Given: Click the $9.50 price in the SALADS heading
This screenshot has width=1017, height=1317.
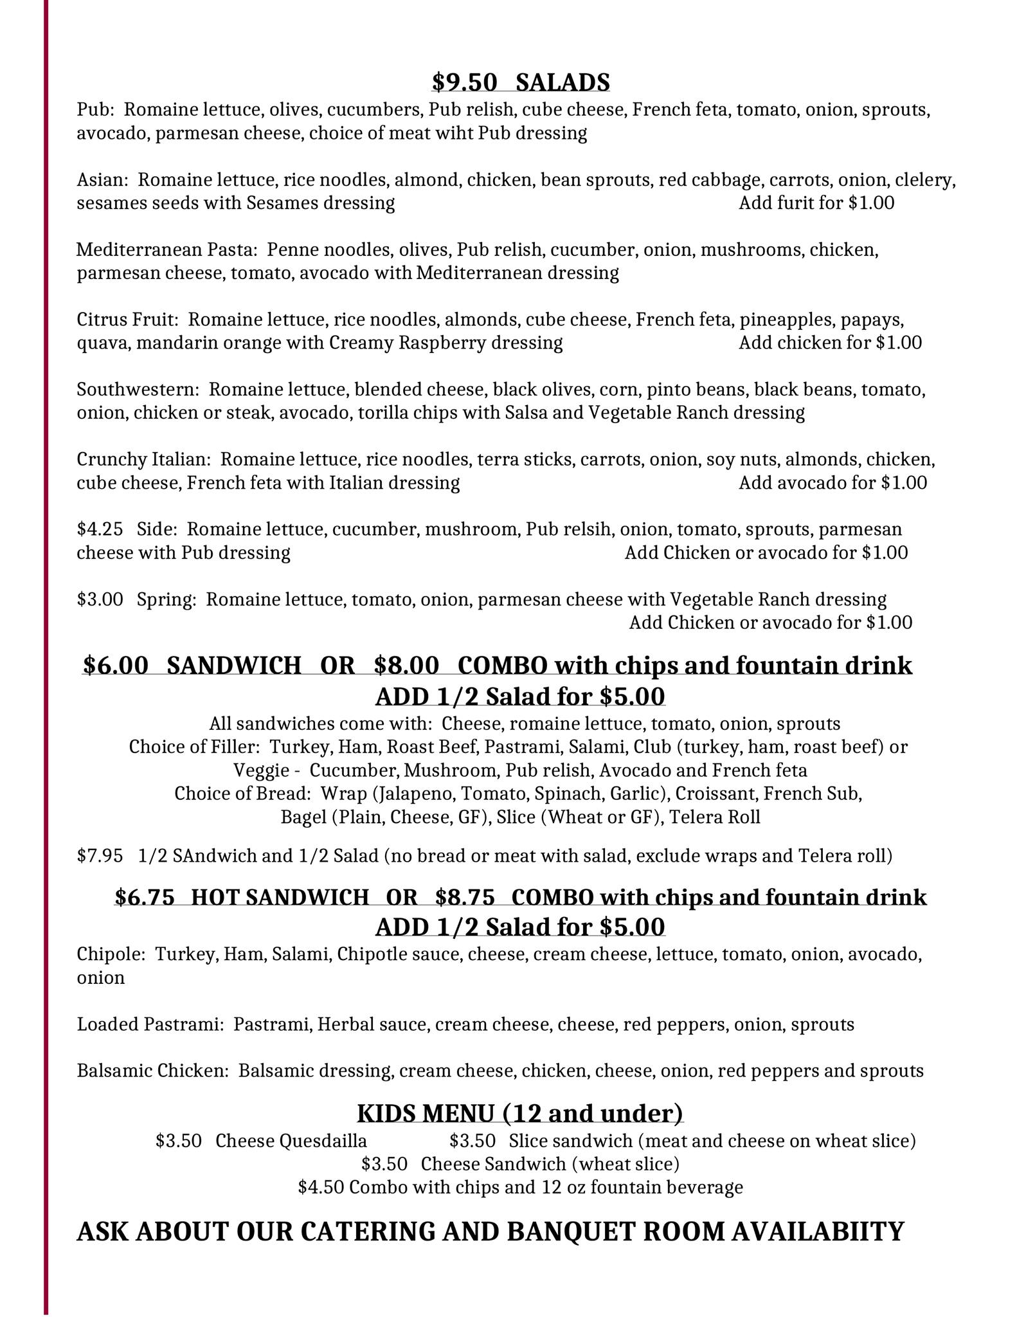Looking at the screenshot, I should coord(465,82).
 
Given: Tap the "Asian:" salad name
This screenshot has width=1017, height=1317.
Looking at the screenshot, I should coord(102,180).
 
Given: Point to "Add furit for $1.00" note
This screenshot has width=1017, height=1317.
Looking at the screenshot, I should coord(816,203).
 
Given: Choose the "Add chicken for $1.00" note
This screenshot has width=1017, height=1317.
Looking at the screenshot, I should coord(830,343).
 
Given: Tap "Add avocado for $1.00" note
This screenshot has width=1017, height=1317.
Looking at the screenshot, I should coord(833,483).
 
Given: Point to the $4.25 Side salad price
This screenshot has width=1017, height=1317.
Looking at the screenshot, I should coord(100,529).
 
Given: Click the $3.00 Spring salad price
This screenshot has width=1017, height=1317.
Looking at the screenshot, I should coord(100,599).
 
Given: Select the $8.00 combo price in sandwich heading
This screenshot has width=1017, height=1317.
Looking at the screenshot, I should coord(406,665).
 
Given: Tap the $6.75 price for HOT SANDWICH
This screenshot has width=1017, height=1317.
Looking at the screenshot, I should coord(145,897).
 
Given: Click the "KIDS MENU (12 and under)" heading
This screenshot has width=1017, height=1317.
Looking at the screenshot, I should coord(519,1113).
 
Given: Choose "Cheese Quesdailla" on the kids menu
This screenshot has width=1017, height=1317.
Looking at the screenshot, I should coord(291,1141).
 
